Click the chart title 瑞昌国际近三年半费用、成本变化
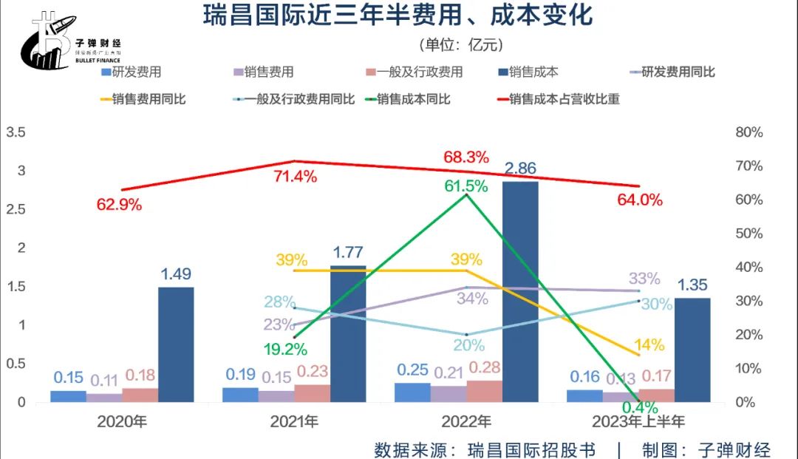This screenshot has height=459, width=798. pos(398,15)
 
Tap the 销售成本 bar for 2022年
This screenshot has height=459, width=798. pos(520,291)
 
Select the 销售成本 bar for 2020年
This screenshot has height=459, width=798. pos(176,344)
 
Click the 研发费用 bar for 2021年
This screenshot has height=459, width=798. pos(240,395)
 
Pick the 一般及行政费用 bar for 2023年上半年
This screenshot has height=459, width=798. pos(657,395)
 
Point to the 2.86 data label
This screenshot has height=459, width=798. pos(520,169)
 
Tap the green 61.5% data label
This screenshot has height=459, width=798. pos(465,186)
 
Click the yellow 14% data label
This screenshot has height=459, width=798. pos(649,344)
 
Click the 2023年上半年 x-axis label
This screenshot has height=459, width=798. pos(638,422)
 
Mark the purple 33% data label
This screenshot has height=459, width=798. pos(644,279)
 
